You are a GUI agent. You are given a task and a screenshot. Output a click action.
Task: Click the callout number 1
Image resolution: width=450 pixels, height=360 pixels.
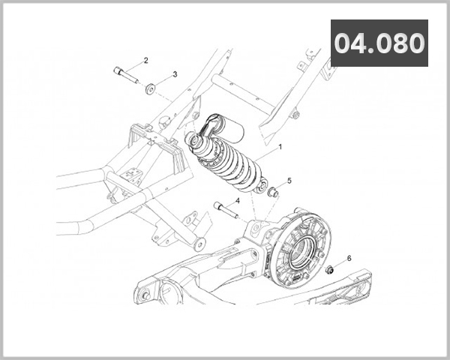coord(280,147)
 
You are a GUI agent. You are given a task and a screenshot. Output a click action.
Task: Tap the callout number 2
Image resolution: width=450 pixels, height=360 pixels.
coord(145,60)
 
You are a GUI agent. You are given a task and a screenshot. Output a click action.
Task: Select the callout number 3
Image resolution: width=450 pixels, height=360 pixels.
coord(175,74)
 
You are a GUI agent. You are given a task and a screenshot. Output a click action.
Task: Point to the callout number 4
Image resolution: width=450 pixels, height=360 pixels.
coord(237,201)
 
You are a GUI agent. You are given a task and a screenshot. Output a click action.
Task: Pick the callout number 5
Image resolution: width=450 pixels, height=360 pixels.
coord(289,181)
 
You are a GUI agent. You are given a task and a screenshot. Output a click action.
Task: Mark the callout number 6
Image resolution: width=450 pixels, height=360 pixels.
coord(349,258)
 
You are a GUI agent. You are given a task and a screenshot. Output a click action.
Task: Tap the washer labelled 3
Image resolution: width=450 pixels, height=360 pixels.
coord(151,89)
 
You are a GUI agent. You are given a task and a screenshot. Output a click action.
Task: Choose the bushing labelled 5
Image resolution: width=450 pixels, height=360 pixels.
coord(274,193)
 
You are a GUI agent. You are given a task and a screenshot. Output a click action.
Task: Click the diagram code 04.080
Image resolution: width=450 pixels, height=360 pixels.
coord(379,43)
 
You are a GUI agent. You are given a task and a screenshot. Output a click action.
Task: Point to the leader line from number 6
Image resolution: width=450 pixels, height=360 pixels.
coord(340,263)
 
